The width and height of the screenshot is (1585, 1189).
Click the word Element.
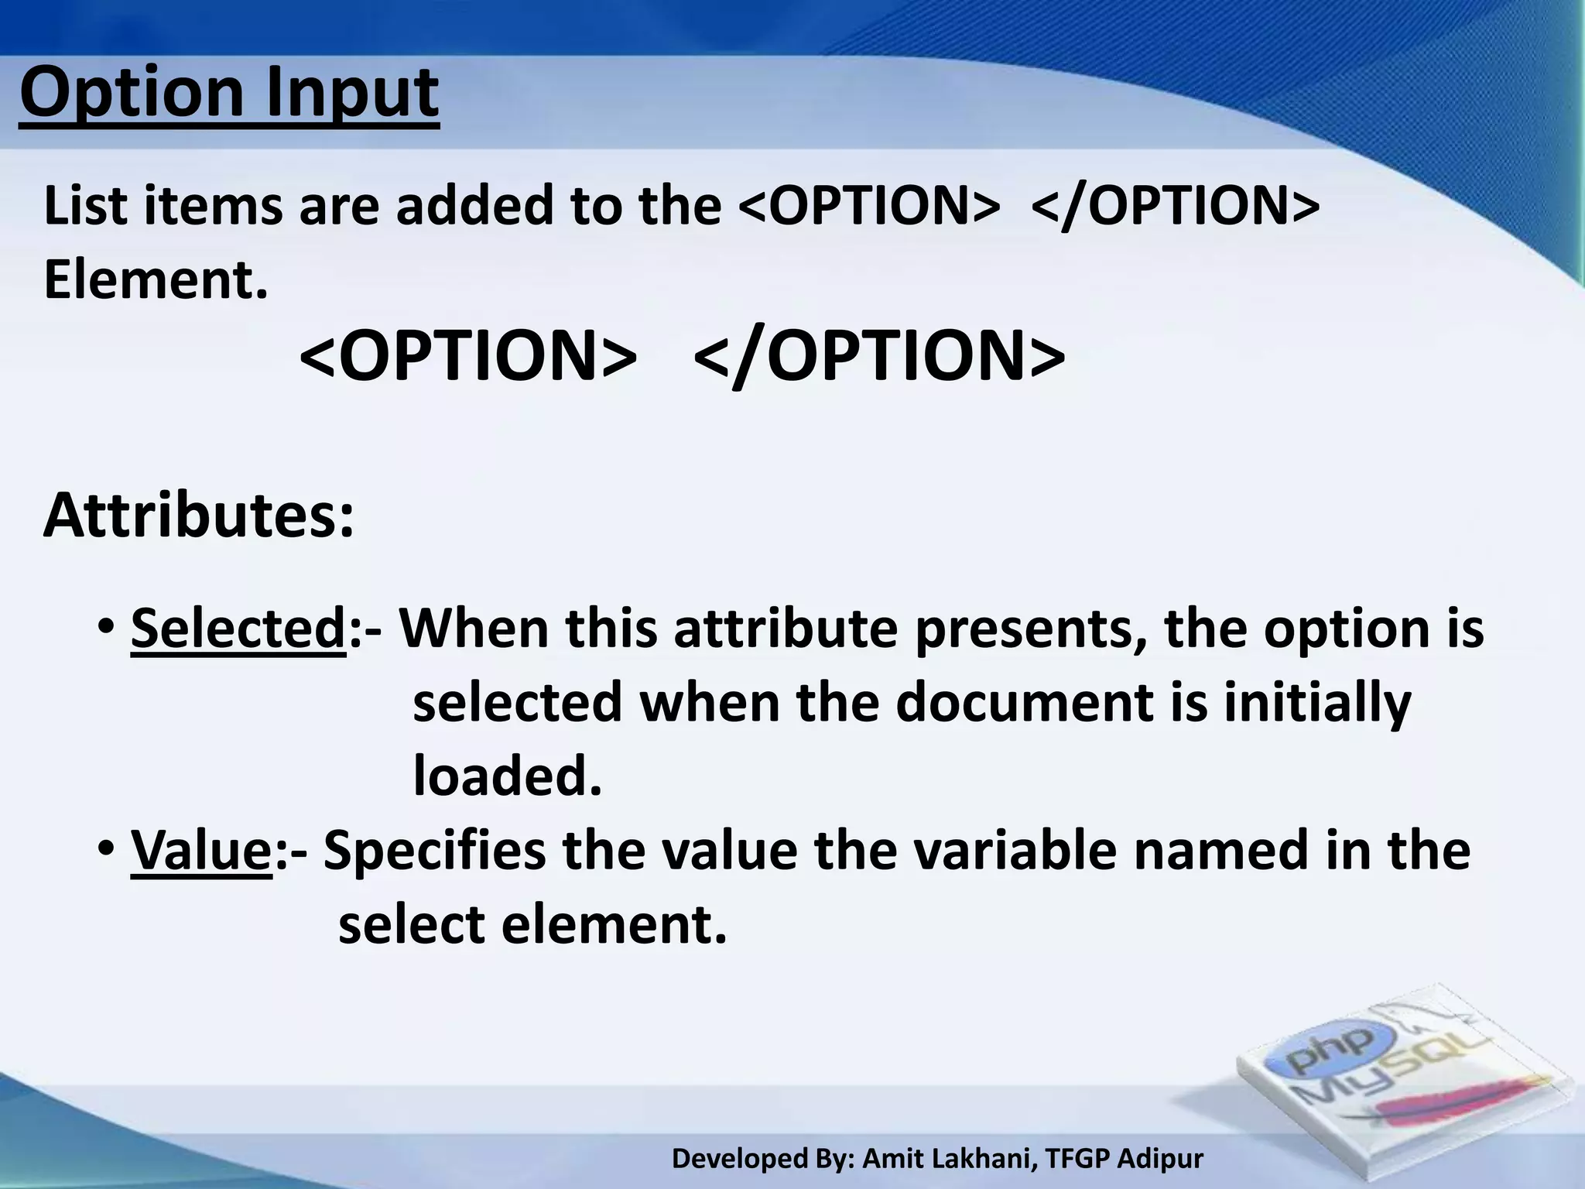coord(156,279)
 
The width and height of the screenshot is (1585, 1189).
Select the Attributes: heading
coord(199,516)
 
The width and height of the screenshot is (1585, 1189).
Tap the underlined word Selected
coord(238,628)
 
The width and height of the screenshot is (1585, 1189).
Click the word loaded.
coord(507,775)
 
